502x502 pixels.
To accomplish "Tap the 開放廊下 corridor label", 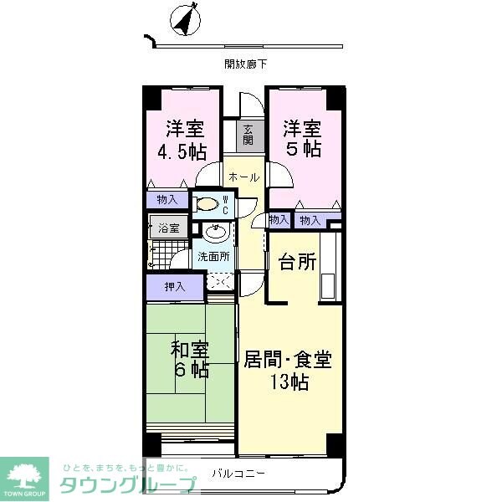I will click(246, 63).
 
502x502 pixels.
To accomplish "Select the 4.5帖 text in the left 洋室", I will click(182, 152).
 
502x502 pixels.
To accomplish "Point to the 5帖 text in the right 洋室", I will click(302, 150).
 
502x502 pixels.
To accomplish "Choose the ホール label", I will click(244, 177).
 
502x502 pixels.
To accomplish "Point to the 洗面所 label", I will click(213, 257).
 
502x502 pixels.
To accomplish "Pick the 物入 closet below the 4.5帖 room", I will click(166, 199).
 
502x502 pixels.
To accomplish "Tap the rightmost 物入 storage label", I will click(310, 220).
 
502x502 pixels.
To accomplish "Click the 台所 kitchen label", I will click(297, 262).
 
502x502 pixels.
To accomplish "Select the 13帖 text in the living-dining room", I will click(289, 383).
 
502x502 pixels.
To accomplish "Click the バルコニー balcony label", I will click(238, 474).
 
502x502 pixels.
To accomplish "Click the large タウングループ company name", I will click(125, 484).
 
